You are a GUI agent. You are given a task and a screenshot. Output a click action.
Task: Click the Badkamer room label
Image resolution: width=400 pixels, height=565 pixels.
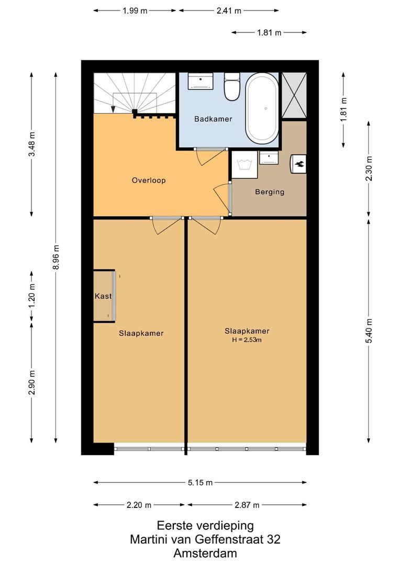213,119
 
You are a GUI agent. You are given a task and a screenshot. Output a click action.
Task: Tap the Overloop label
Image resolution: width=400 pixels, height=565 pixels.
149,180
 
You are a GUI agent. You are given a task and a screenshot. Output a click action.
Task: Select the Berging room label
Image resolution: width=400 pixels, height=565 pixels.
270,192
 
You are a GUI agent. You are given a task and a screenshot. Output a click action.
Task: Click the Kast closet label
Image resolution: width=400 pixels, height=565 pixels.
103,296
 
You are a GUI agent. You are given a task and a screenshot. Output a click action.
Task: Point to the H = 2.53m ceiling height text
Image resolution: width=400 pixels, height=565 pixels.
247,340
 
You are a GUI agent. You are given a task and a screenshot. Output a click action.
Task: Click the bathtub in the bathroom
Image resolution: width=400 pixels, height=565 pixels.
262,109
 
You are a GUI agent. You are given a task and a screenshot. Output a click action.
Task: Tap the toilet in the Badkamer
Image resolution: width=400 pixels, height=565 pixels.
231,87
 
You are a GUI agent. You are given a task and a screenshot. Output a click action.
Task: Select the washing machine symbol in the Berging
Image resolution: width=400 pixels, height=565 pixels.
244,164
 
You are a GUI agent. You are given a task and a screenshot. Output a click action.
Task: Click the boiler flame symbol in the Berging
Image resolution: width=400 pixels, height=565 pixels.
299,163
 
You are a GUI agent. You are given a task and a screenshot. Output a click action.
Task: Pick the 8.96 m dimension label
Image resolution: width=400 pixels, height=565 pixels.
56,257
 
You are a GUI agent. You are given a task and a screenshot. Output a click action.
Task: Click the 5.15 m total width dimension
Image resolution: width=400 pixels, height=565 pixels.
199,483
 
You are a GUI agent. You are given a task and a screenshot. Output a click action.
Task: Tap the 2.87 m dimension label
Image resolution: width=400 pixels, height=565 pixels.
247,505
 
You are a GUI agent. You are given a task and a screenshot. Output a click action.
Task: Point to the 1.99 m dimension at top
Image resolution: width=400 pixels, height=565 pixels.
136,10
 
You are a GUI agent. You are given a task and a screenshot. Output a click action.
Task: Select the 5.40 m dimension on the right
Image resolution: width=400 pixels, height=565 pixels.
369,331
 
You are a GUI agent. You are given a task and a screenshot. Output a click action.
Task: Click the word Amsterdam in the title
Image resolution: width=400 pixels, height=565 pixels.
205,553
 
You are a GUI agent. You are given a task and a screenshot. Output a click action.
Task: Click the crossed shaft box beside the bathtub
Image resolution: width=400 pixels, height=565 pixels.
294,95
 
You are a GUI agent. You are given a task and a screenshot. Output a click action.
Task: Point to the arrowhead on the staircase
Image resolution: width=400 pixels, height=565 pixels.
113,108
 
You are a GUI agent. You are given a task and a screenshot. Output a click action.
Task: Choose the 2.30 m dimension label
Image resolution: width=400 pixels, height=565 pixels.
369,169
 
